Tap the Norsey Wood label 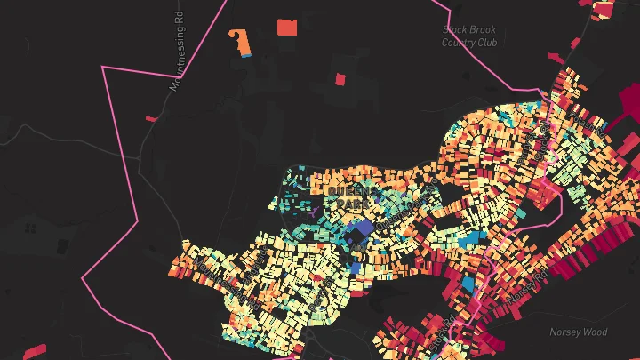click(578, 332)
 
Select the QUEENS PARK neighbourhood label click(352, 197)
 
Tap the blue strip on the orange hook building click(246, 55)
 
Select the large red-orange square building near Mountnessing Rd click(286, 27)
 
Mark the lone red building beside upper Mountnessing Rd click(151, 118)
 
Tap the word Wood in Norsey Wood click(593, 332)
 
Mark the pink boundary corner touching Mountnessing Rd click(104, 67)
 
